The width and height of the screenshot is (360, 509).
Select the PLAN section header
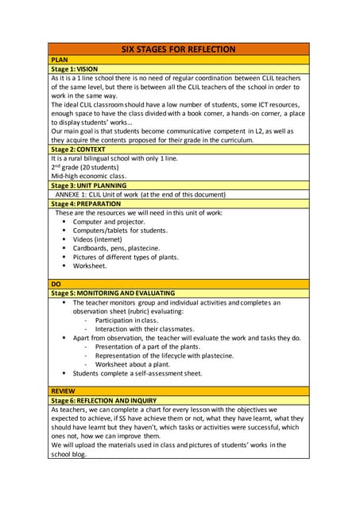coord(60,60)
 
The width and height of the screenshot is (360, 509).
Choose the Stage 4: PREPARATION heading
coord(86,204)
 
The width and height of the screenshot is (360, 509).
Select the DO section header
coord(56,283)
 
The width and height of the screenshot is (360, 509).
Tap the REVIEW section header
coord(64,390)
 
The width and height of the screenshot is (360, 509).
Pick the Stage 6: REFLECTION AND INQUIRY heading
coord(103,400)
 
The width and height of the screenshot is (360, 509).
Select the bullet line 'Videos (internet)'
coord(103,239)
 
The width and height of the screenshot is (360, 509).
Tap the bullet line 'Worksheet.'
coord(90,266)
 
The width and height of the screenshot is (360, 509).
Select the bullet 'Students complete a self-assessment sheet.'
coord(137,373)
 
